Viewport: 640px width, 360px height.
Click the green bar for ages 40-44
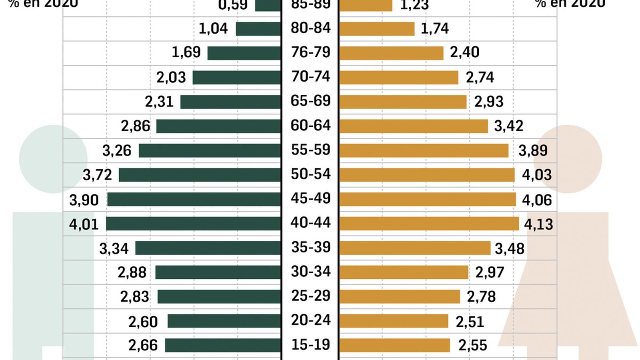194,224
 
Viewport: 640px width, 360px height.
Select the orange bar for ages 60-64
414,126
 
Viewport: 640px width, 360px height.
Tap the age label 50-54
311,174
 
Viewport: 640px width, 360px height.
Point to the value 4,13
538,224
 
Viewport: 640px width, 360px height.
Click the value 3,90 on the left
84,200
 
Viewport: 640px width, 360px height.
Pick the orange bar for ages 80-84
377,29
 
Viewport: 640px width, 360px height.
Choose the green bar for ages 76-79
244,53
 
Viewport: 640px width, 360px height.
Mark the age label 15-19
311,344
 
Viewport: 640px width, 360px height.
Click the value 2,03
171,77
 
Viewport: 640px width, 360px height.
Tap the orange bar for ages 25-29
400,297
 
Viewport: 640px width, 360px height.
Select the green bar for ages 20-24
224,321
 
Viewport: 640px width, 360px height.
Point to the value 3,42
508,126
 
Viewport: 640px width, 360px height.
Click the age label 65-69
311,101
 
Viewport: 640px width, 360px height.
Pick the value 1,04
213,28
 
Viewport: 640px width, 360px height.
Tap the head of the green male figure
53,159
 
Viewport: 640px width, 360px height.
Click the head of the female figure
568,159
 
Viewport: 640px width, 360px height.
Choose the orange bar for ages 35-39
415,248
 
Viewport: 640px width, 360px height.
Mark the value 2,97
490,272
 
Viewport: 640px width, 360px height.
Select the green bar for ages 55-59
210,150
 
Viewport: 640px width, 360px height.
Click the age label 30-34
311,272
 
